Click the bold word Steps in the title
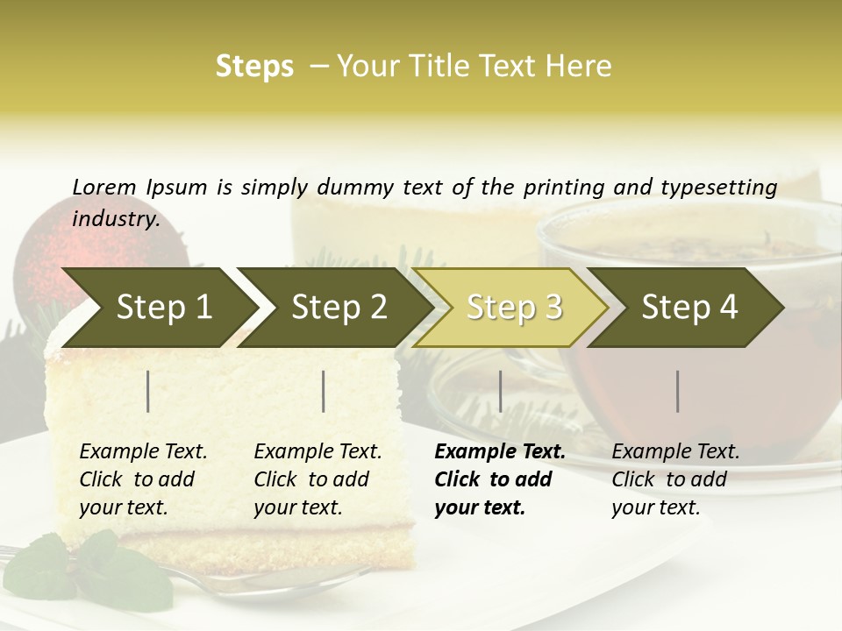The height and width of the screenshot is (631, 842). [x=254, y=67]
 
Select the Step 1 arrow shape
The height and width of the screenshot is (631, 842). [x=158, y=308]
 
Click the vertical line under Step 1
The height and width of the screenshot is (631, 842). [x=148, y=391]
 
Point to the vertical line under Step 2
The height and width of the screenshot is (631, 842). [x=324, y=391]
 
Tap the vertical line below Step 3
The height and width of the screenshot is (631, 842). [x=500, y=391]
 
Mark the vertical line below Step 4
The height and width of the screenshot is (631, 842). [x=678, y=391]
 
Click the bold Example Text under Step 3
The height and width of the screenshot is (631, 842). [x=500, y=452]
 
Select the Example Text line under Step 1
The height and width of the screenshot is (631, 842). [x=143, y=452]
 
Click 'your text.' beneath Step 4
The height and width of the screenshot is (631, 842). [x=655, y=507]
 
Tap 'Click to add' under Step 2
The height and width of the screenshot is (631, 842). [x=311, y=479]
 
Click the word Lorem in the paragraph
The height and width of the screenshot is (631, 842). [x=104, y=187]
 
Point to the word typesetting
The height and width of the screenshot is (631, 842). [x=724, y=187]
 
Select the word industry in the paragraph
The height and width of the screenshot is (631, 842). [x=115, y=219]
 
